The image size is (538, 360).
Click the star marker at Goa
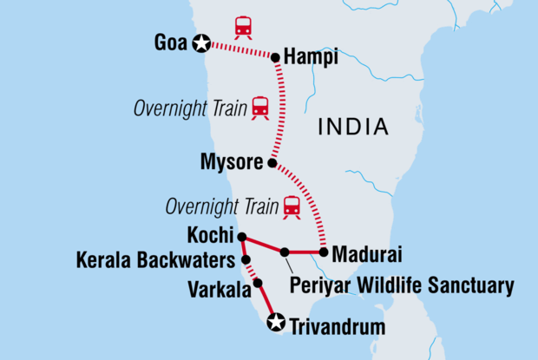click(x=202, y=42)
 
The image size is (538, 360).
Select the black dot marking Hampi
click(x=276, y=58)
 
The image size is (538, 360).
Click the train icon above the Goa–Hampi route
click(x=243, y=27)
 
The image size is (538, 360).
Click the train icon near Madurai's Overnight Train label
click(x=291, y=206)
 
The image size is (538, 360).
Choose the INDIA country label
click(x=352, y=128)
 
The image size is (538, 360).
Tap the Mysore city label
click(x=234, y=160)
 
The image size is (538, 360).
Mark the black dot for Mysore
click(x=272, y=163)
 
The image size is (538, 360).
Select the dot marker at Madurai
click(x=323, y=252)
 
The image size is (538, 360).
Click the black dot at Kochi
click(x=242, y=236)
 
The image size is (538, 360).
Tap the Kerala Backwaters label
click(x=156, y=259)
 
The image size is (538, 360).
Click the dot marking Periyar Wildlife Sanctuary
click(x=285, y=252)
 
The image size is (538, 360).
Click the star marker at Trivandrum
click(x=276, y=323)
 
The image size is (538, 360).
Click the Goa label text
click(x=171, y=42)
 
